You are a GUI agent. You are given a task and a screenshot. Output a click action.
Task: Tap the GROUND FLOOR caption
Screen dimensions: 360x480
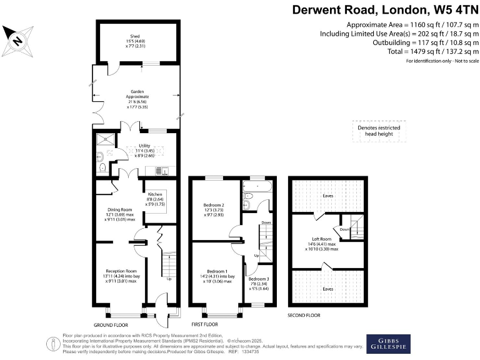(x=111, y=325)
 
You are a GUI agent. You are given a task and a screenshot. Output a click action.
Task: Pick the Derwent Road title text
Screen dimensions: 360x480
(x=386, y=11)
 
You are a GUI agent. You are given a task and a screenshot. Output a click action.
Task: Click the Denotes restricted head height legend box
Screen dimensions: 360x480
(x=379, y=131)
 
